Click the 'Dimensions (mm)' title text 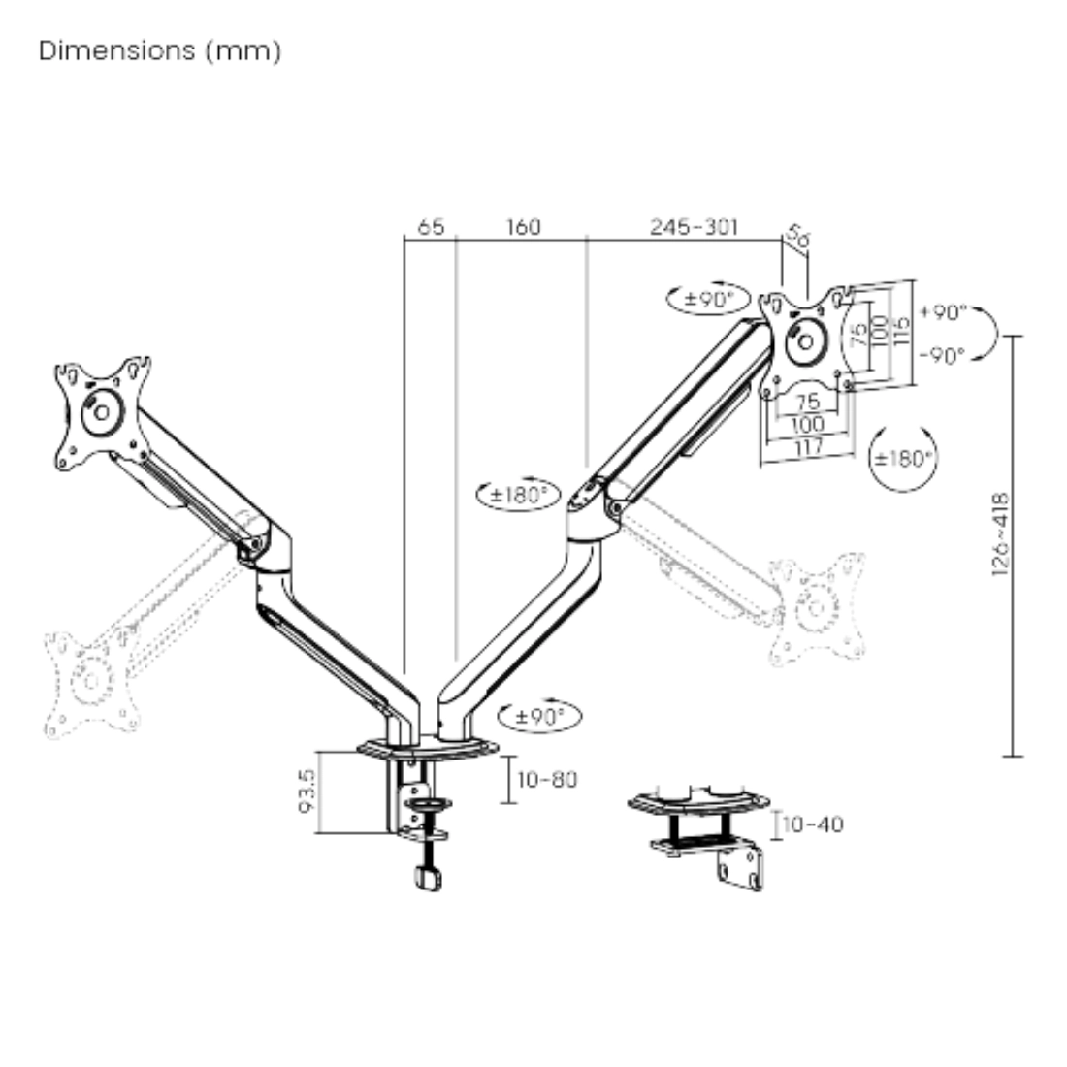[x=160, y=51]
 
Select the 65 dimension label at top [x=430, y=227]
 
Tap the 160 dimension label [x=523, y=227]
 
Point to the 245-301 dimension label [x=694, y=227]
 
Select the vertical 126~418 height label [x=1000, y=534]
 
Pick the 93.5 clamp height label [x=307, y=791]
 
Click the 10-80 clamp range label [x=547, y=779]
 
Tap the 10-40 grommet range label [x=813, y=824]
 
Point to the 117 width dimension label [x=808, y=447]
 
